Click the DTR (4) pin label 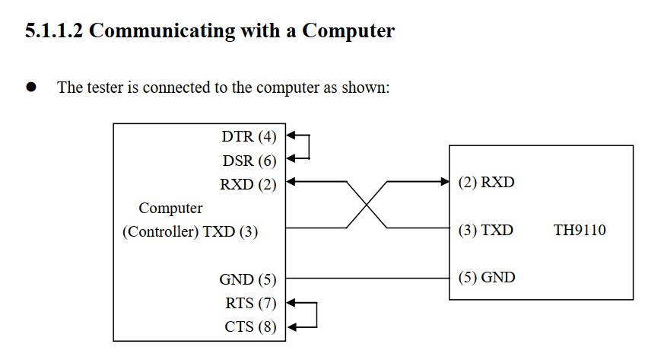(249, 137)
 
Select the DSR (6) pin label (249, 161)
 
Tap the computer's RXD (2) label (248, 183)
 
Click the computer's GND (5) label (248, 279)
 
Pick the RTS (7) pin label (250, 304)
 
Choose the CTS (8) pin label (250, 327)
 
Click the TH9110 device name (580, 231)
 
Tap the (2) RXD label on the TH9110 (487, 183)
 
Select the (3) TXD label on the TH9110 (486, 230)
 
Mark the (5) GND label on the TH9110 (487, 277)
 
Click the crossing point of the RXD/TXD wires (367, 205)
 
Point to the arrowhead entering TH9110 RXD (445, 182)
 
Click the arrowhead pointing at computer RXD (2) (291, 182)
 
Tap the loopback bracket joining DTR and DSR (309, 148)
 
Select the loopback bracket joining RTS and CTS (314, 314)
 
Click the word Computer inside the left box (170, 208)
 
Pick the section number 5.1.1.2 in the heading (55, 31)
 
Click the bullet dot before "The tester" (31, 87)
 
